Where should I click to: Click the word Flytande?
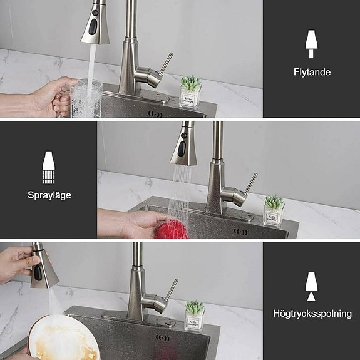click(x=312, y=72)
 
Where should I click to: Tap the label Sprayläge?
click(x=49, y=195)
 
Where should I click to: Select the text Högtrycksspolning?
click(x=312, y=313)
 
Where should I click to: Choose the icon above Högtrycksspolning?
click(x=311, y=286)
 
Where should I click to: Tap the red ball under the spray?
click(x=172, y=230)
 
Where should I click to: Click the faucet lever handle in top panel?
click(x=165, y=63)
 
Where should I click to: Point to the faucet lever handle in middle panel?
click(x=250, y=184)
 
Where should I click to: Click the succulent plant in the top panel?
click(x=190, y=83)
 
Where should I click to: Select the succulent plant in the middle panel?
click(x=274, y=202)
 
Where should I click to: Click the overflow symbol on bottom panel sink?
click(x=163, y=339)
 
